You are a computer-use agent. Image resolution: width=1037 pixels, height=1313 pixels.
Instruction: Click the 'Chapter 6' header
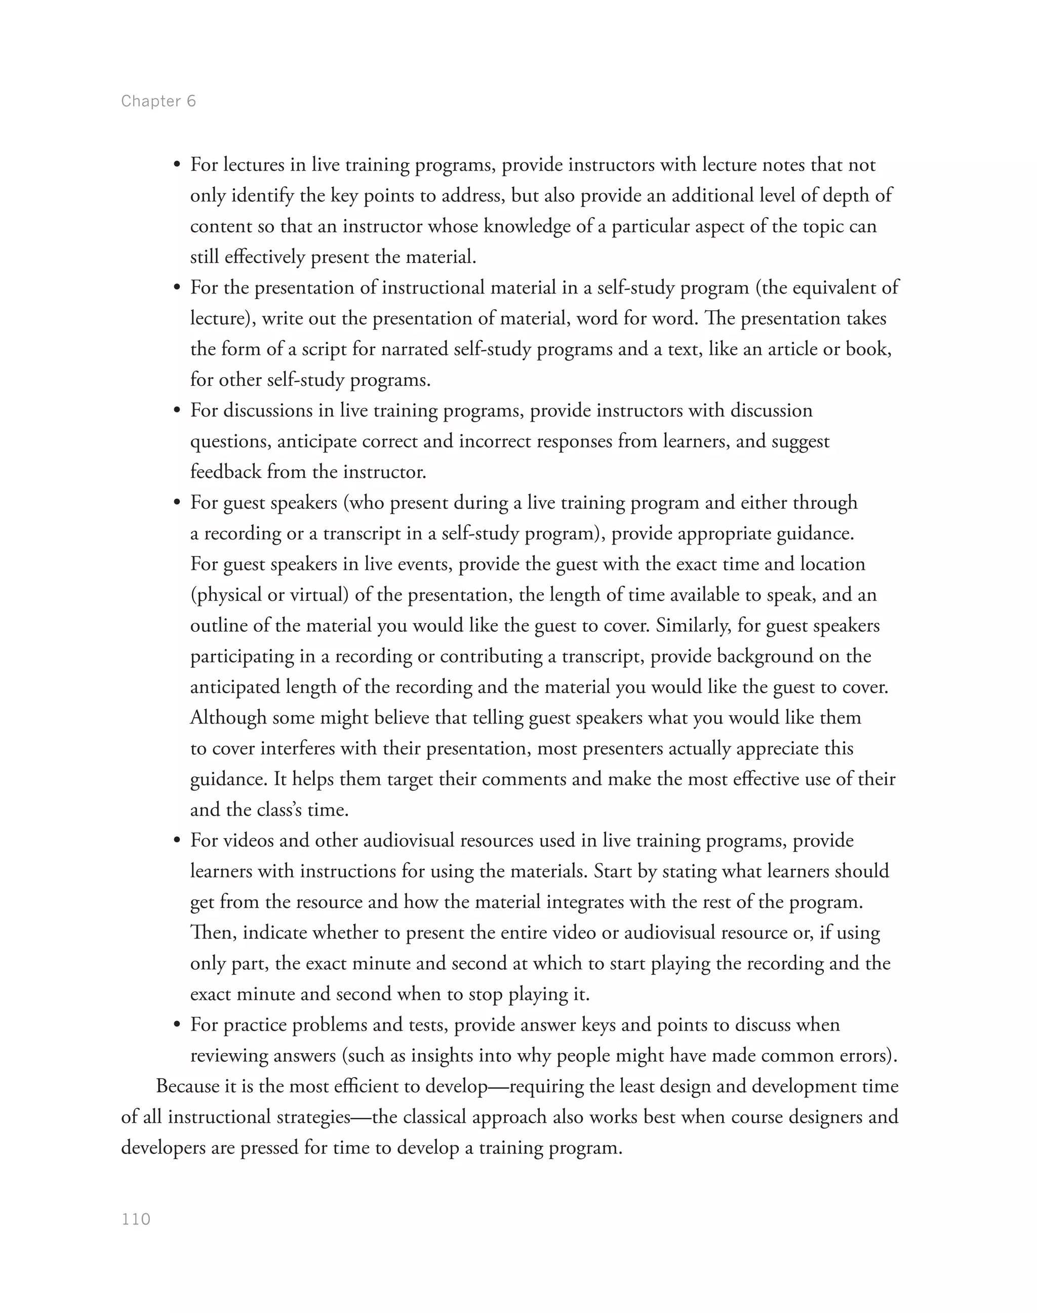coord(158,101)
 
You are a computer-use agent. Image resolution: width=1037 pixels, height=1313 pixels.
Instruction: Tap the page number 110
coord(136,1219)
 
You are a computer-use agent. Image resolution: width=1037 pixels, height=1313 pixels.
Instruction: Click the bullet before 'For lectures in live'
coord(177,166)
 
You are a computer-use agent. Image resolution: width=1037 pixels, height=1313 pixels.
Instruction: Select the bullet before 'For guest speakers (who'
coord(177,503)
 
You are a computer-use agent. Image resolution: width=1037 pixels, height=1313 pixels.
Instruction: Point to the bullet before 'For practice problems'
coord(177,1026)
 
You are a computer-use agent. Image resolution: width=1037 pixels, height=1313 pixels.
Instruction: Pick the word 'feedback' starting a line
coord(225,472)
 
